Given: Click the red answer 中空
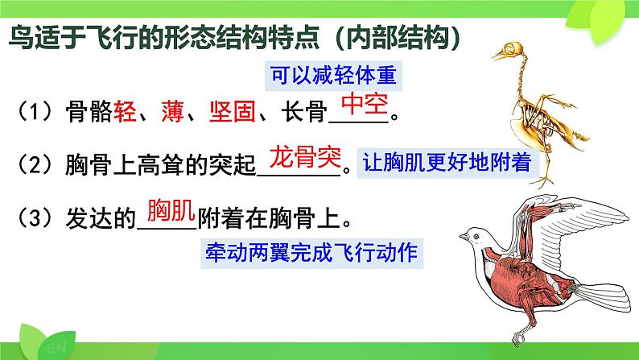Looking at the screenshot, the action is (365, 104).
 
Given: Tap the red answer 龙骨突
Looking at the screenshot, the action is (305, 156).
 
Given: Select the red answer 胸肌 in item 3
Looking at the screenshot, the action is (171, 210).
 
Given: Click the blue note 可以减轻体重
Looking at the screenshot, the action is (333, 76).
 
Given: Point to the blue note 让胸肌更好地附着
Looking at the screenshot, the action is (447, 163).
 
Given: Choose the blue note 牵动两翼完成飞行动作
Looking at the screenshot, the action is (311, 253).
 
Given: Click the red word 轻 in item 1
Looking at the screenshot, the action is (125, 111).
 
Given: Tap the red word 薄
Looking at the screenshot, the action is (172, 111).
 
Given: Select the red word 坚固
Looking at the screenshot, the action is (233, 111).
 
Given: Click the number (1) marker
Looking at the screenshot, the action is (35, 112).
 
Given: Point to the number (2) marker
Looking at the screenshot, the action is (35, 164).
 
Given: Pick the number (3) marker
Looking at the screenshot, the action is (35, 218).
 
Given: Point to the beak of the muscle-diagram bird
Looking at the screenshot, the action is (464, 236).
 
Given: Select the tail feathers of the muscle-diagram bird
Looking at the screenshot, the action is (604, 296).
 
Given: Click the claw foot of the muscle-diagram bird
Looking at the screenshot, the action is (519, 337).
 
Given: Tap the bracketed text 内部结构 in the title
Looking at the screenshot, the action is (398, 38).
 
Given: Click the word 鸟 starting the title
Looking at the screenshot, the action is (21, 38).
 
